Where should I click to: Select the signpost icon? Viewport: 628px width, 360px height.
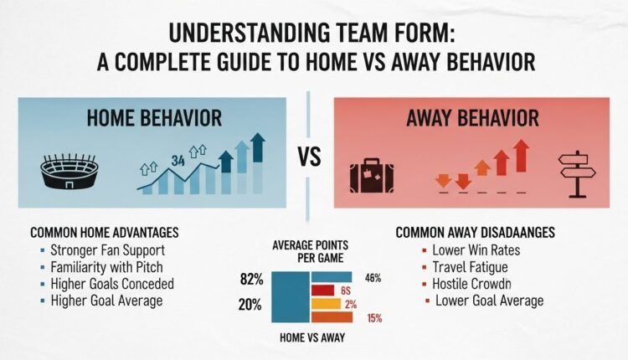[x=578, y=172]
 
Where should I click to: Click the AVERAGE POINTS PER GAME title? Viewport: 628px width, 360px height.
[x=311, y=251]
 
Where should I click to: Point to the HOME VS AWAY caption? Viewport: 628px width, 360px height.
[x=310, y=339]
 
